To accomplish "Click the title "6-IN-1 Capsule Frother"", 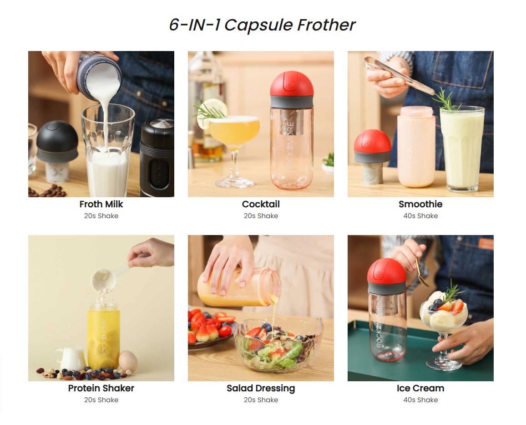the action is coord(262,25).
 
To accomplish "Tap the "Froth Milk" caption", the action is coord(101,204).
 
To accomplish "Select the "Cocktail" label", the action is coord(261,204).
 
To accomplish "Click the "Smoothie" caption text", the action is coord(420,204).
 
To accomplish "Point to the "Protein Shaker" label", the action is coord(101,388).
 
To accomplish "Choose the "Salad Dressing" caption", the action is coord(261,389).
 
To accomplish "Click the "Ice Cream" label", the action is coord(420,388).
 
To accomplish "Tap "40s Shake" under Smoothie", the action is coord(420,216).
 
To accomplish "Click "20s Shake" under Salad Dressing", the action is coord(261,400).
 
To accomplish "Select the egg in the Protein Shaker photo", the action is coord(128,361).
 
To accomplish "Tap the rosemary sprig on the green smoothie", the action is coord(448,101).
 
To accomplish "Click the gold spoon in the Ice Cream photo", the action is coord(422,272).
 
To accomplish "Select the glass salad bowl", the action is coord(278,343).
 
